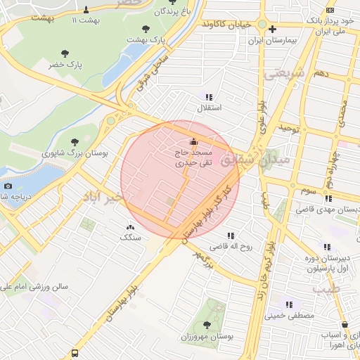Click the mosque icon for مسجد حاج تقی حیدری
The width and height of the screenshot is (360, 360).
[x=194, y=139]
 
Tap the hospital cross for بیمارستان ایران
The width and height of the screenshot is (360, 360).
[x=272, y=29]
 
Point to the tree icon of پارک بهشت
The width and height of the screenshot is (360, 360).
[x=146, y=29]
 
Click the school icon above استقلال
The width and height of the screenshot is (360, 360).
[x=208, y=96]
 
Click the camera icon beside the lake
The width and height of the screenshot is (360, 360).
[x=8, y=186]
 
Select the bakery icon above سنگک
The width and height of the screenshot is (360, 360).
[x=129, y=227]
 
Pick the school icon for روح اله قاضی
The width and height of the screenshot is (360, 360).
[x=230, y=235]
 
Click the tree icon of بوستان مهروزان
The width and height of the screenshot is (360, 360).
[x=206, y=325]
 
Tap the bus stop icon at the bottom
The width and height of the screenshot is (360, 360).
[x=75, y=354]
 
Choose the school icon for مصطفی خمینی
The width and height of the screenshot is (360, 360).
[x=288, y=305]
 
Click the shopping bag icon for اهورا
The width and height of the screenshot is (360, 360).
[x=345, y=324]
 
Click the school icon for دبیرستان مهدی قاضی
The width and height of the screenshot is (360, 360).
[x=326, y=198]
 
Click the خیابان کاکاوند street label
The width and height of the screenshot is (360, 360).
[x=226, y=24]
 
